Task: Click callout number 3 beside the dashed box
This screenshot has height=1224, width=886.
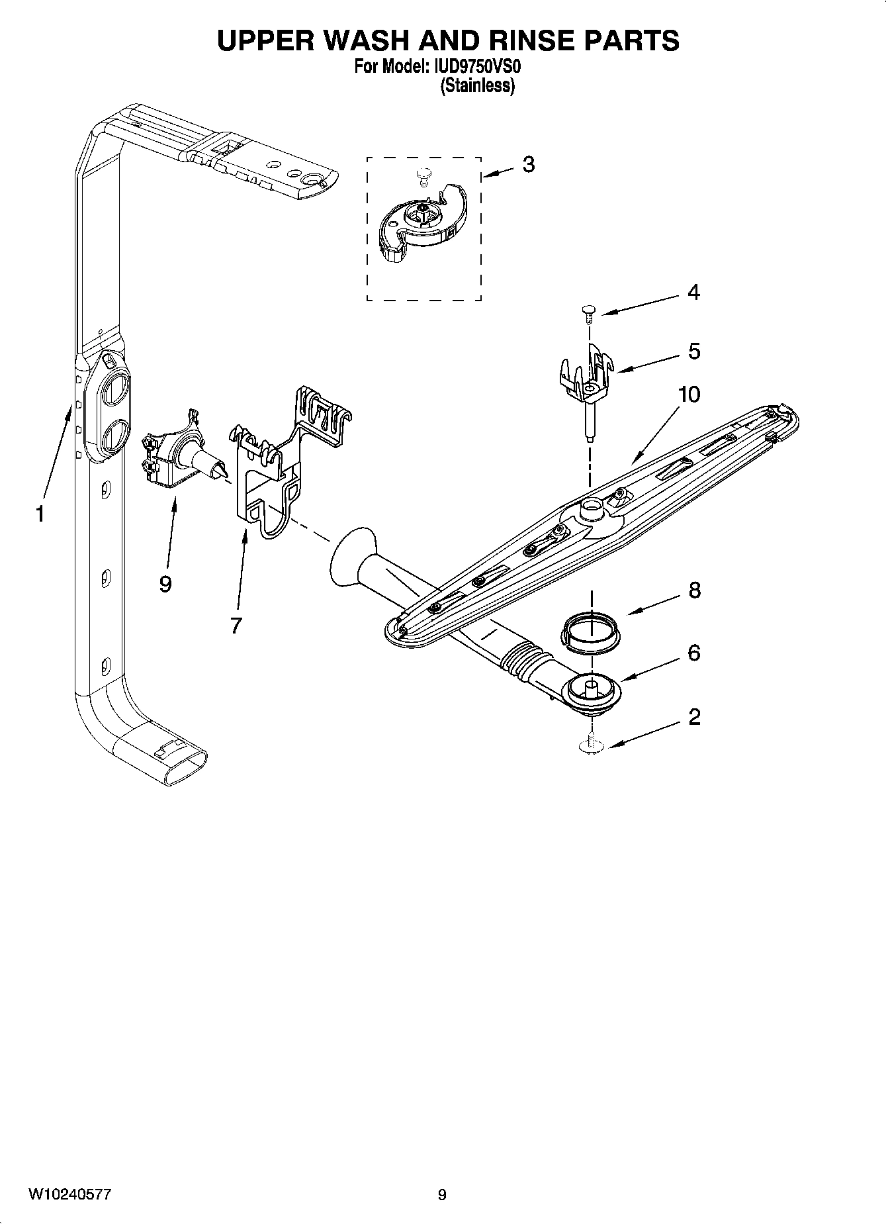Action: tap(528, 164)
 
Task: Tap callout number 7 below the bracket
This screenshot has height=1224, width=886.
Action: tap(236, 625)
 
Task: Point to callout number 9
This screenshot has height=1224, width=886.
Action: tap(165, 584)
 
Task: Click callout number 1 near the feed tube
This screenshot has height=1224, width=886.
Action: tap(40, 514)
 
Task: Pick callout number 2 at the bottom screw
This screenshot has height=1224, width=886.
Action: tap(694, 717)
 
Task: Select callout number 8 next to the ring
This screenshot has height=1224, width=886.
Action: tap(694, 590)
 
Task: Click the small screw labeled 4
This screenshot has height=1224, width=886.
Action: tap(588, 312)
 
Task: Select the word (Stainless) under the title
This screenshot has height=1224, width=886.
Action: tap(478, 86)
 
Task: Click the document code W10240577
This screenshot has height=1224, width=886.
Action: tap(69, 1194)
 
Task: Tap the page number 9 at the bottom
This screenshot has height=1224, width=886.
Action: tap(442, 1195)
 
